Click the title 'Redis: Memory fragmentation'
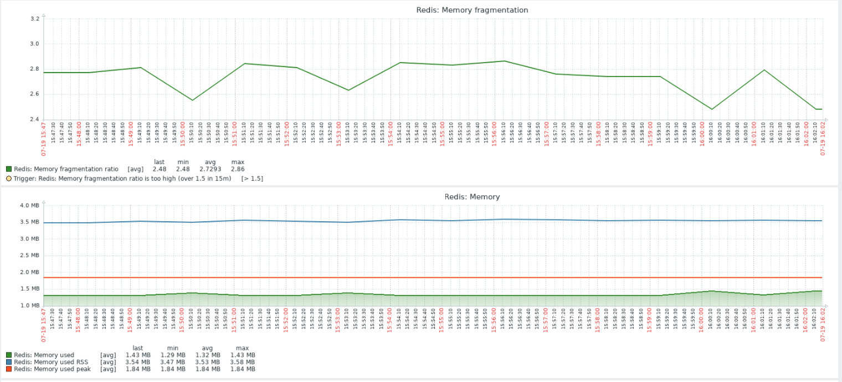pos(472,10)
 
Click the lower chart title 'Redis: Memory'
pos(472,197)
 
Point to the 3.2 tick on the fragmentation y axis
pos(34,19)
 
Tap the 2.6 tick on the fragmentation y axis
pos(34,94)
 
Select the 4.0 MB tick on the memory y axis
pos(29,205)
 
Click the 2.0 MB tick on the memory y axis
pos(29,272)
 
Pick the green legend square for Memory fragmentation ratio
pos(9,169)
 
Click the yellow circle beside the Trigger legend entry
pos(9,179)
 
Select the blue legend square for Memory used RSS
pos(9,362)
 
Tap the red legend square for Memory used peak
pos(9,369)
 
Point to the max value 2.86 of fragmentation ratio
pos(237,169)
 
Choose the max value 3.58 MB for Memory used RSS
pos(243,362)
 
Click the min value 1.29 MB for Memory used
pos(172,355)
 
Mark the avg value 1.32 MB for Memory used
pos(208,355)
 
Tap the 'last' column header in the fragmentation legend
pos(159,162)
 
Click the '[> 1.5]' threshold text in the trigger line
pos(252,179)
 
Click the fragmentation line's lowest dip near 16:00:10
pos(712,109)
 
